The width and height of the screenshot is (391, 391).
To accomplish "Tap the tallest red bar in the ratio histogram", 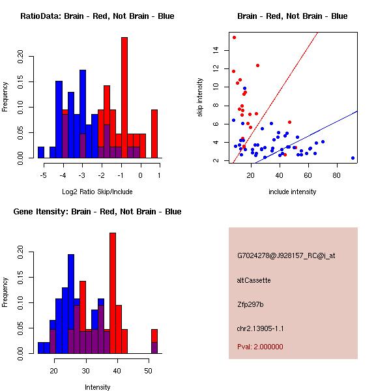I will coord(124,98).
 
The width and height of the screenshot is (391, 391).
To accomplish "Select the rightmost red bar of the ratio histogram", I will coord(154,134).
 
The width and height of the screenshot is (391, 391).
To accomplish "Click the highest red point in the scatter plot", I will coord(234,38).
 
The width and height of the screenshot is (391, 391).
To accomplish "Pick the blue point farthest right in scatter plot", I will coord(353,158).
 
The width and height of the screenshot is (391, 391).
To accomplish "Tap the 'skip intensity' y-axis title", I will coord(201,98).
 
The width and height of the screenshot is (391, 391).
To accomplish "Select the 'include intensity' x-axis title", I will coord(293,192).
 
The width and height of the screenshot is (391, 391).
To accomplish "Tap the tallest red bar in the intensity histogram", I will coord(113,293).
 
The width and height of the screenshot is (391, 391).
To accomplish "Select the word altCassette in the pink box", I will coord(254,280).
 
